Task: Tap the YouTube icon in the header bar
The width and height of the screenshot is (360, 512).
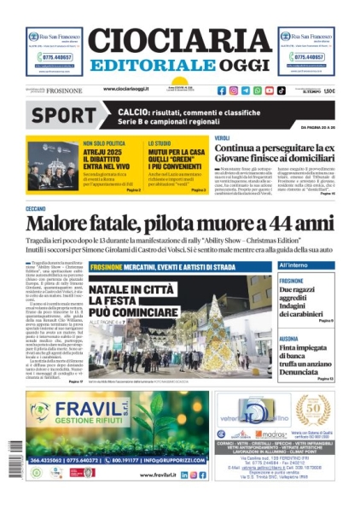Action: (269, 90)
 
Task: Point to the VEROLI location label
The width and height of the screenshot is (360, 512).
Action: (222, 137)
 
